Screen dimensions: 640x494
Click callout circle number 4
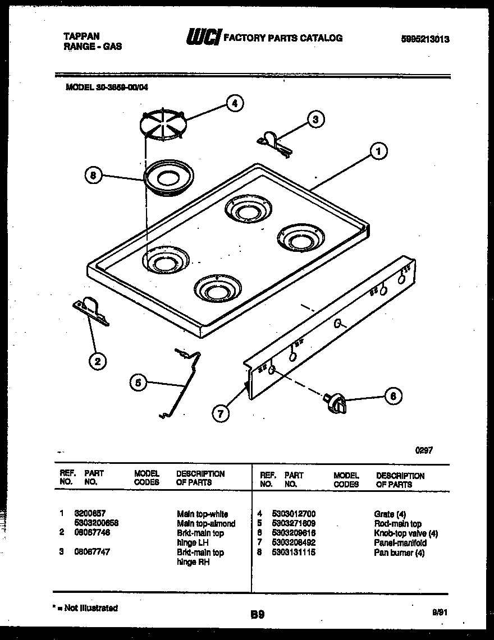tap(235, 103)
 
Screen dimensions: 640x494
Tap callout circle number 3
tap(316, 119)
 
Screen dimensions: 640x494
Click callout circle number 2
tap(98, 361)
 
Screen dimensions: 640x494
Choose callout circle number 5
tap(138, 383)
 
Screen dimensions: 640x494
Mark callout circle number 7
tap(221, 414)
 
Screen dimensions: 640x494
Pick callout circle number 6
tap(393, 396)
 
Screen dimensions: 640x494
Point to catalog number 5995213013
tap(426, 39)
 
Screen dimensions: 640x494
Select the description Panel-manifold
tap(400, 543)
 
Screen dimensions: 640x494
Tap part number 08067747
tap(93, 552)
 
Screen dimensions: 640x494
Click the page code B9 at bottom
tap(257, 615)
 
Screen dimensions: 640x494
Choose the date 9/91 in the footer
tap(440, 613)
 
